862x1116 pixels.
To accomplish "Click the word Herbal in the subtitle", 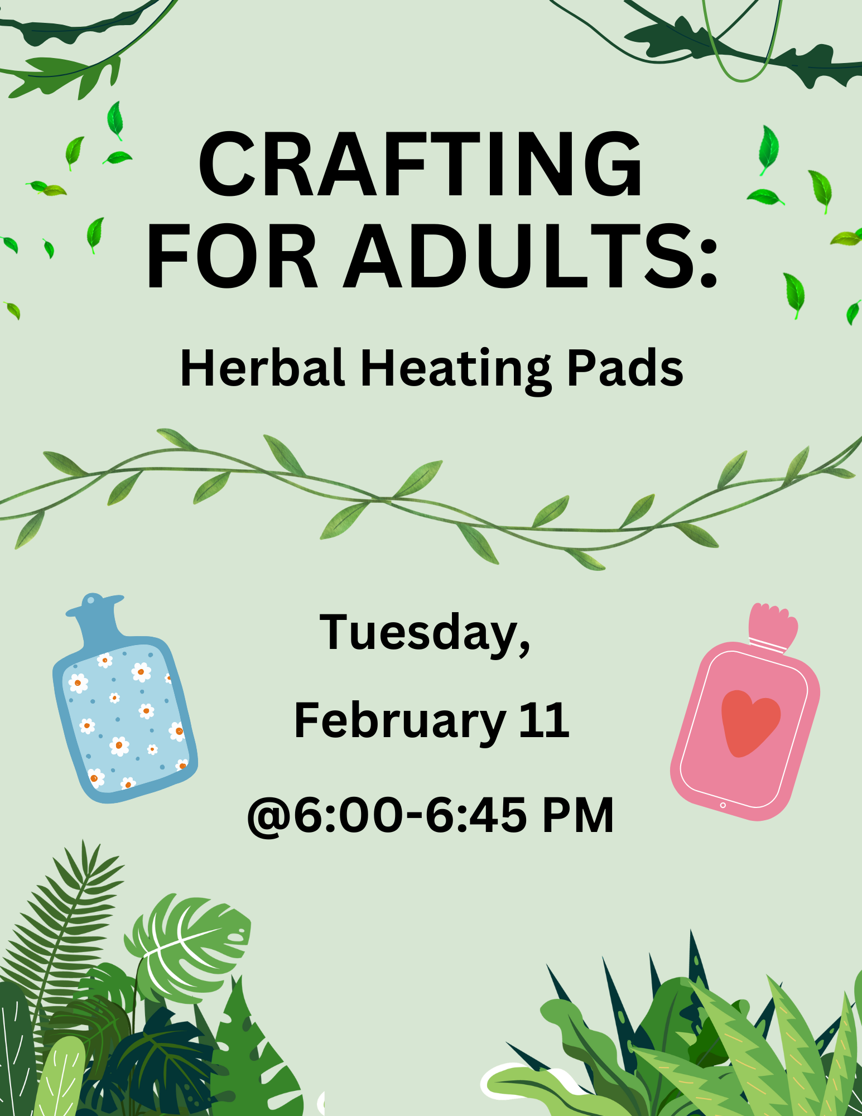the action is pos(262,368).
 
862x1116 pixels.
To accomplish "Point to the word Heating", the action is pos(456,371).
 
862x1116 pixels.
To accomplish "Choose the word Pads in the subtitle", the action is pos(625,368).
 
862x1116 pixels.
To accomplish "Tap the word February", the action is pos(400,723).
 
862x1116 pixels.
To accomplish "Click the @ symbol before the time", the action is pos(269,816).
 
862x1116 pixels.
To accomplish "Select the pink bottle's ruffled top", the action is pos(773,625).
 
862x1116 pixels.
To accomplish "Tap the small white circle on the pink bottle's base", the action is pos(723,805).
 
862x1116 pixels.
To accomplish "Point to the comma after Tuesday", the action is pos(524,650).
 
